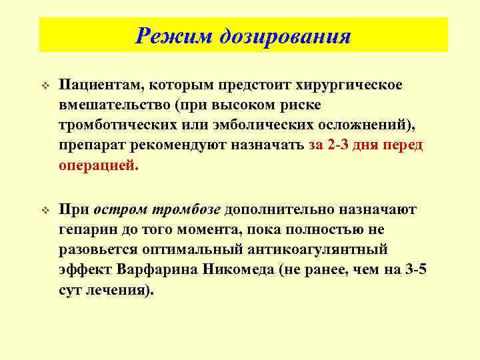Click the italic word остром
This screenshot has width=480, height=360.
coord(123,210)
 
